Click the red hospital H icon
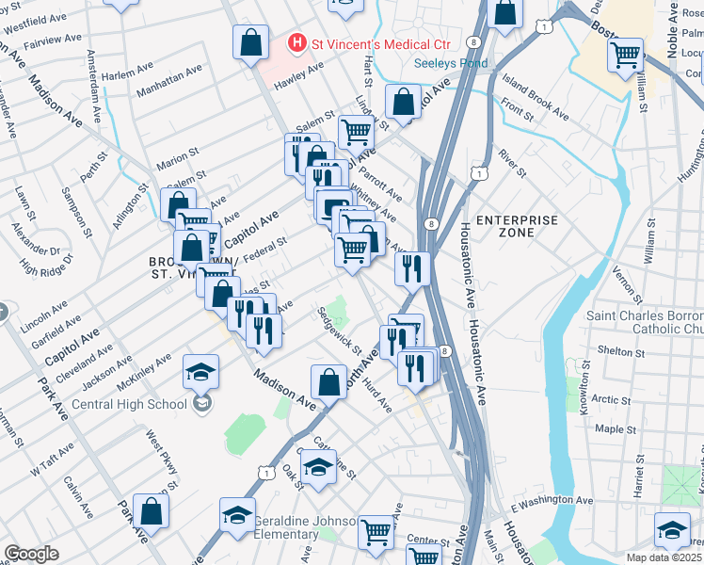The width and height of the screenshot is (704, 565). click(x=297, y=43)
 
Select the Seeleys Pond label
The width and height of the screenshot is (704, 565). click(x=452, y=64)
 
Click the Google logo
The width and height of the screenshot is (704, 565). click(x=31, y=554)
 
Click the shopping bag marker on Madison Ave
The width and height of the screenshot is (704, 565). click(x=328, y=382)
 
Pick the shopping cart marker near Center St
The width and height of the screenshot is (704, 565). click(x=376, y=532)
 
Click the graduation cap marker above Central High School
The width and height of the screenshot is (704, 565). click(x=201, y=372)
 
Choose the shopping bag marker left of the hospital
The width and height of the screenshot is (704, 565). click(x=251, y=42)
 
